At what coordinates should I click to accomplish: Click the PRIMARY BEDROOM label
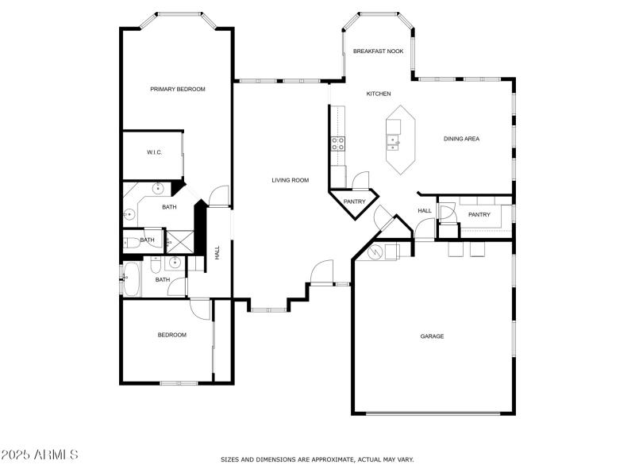pyautogui.click(x=178, y=89)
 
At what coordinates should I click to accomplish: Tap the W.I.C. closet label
pyautogui.click(x=154, y=152)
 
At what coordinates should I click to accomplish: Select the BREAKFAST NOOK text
pyautogui.click(x=378, y=51)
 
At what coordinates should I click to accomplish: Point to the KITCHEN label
pyautogui.click(x=378, y=94)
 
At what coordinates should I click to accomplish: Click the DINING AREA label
pyautogui.click(x=461, y=139)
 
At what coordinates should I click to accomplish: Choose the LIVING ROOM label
pyautogui.click(x=290, y=180)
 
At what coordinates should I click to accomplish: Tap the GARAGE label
pyautogui.click(x=432, y=336)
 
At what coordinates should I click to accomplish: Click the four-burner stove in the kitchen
pyautogui.click(x=337, y=144)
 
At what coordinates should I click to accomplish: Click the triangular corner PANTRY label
pyautogui.click(x=354, y=202)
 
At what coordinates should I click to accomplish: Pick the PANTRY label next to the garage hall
pyautogui.click(x=479, y=214)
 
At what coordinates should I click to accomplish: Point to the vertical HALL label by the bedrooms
pyautogui.click(x=217, y=252)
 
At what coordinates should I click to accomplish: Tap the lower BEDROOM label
pyautogui.click(x=171, y=335)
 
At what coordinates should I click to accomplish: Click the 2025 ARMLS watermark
pyautogui.click(x=40, y=455)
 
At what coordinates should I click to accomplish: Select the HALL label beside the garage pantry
pyautogui.click(x=425, y=210)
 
